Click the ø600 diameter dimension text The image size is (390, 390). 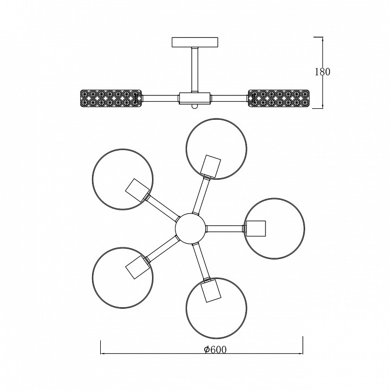pos(215,350)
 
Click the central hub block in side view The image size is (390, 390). pos(194,98)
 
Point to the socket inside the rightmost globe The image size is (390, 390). pos(256,228)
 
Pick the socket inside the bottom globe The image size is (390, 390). pos(210,291)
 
